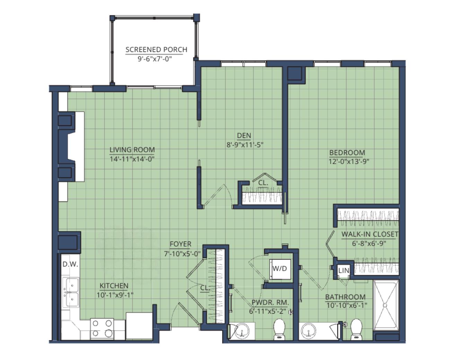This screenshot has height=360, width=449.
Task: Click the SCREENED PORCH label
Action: (x=156, y=49)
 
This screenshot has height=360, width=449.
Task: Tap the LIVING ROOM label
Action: (x=132, y=150)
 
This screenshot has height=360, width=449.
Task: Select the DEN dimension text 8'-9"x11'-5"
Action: (x=245, y=145)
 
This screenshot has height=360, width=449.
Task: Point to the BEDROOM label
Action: (x=347, y=153)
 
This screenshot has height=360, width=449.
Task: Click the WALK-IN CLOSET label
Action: (x=370, y=234)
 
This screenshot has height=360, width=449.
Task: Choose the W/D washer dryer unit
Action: (x=280, y=269)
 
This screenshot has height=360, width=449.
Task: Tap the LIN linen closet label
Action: (x=344, y=271)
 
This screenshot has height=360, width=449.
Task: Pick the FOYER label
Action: (x=181, y=244)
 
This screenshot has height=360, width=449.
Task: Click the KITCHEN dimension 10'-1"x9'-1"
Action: (x=115, y=295)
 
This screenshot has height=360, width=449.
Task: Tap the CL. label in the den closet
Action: (x=263, y=183)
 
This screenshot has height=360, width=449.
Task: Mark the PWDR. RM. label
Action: (x=270, y=302)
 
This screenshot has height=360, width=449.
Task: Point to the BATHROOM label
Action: (x=345, y=297)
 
